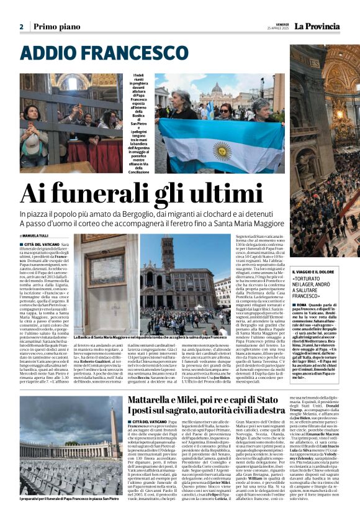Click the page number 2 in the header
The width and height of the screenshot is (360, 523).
(21, 27)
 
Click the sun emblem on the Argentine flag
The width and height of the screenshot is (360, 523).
(222, 149)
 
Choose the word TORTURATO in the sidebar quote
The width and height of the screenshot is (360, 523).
(312, 280)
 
